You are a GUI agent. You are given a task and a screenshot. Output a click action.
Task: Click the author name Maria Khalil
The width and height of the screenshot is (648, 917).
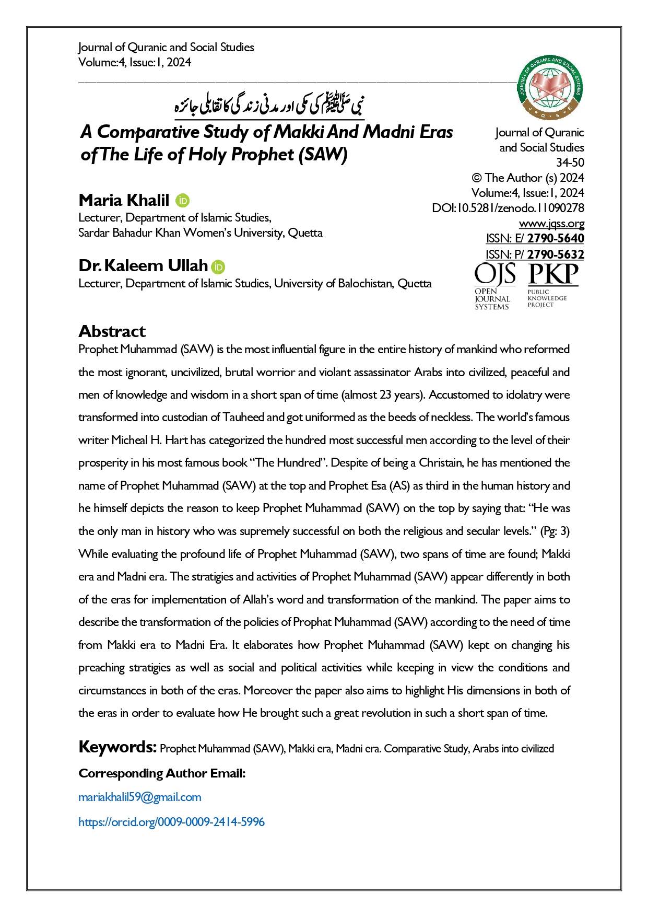(x=124, y=200)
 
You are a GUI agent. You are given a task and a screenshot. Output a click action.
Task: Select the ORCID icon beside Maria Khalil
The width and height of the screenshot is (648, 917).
(x=183, y=201)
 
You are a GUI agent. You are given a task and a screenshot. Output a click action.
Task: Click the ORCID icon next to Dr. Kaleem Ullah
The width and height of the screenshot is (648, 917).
(x=218, y=267)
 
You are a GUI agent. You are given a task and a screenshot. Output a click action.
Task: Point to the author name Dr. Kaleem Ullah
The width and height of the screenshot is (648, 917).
(x=143, y=266)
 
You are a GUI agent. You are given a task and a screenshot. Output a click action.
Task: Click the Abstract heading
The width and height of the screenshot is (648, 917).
(x=112, y=331)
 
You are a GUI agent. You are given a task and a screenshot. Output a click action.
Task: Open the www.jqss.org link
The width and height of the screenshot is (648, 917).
(x=551, y=224)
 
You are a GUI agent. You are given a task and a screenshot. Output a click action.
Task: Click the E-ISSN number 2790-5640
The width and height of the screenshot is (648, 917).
(x=555, y=239)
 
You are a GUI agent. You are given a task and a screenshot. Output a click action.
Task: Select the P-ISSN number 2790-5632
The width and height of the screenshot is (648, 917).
(x=555, y=254)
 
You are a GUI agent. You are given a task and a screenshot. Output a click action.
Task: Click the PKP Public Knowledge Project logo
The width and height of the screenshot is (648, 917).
(x=552, y=285)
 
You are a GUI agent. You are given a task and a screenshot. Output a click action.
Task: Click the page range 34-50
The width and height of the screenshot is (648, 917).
(x=570, y=162)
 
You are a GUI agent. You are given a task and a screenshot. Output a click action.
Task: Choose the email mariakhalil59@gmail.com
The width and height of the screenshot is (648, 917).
(x=139, y=797)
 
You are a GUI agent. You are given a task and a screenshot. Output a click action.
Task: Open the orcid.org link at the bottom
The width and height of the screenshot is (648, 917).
(x=171, y=822)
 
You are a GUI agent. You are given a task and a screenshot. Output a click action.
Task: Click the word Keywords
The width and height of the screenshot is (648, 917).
(x=117, y=747)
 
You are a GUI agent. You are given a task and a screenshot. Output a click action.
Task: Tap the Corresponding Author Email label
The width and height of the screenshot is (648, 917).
(x=162, y=773)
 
